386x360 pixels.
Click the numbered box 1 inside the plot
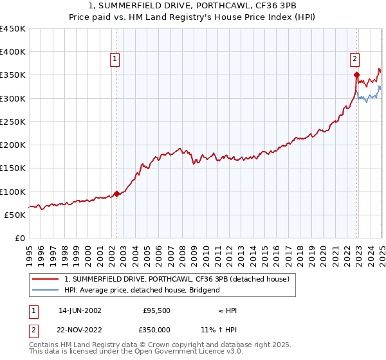tap(115, 60)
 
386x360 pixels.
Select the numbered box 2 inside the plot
tap(354, 60)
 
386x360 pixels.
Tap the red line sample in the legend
tap(45, 280)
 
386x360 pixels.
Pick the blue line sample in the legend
tap(45, 290)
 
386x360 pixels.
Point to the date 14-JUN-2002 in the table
tap(80, 310)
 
